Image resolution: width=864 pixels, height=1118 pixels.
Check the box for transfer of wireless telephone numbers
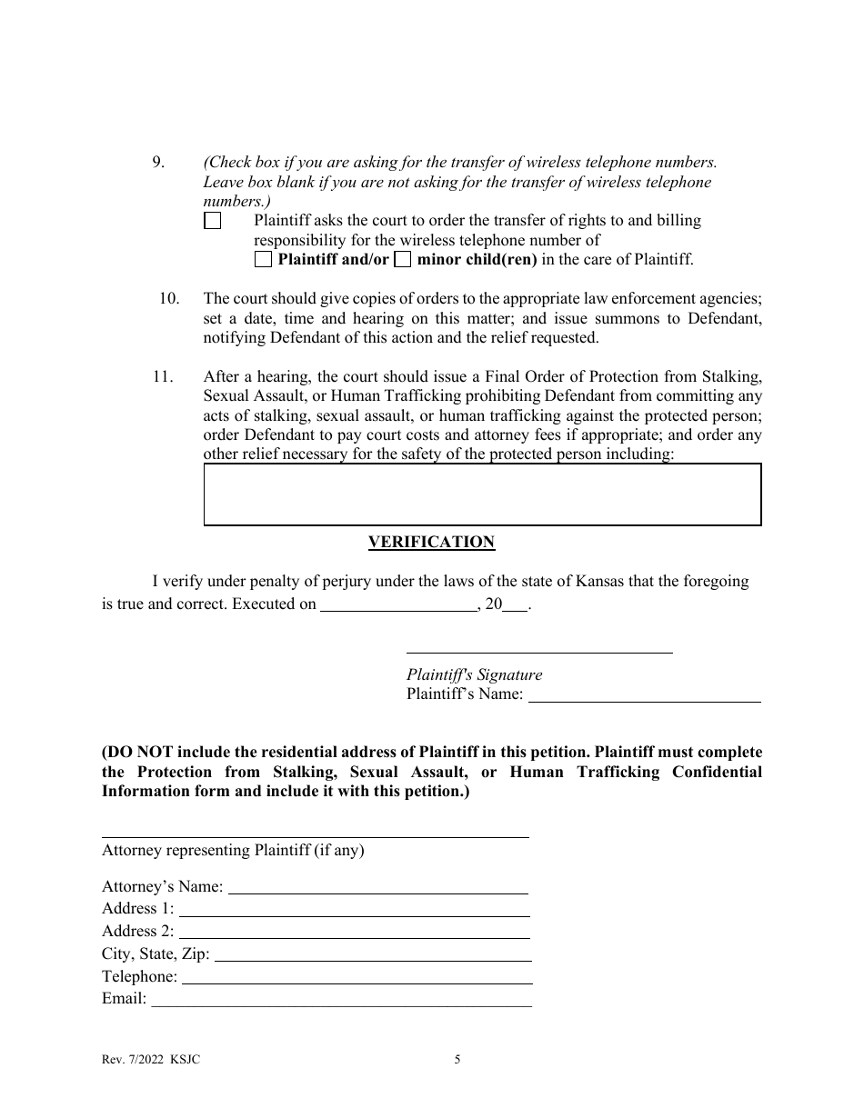pos(212,221)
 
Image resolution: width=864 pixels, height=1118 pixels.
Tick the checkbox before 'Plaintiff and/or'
pos(263,260)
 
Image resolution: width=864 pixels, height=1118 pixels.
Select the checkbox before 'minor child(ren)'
pos(402,260)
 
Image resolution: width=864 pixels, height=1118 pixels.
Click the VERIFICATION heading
pos(431,543)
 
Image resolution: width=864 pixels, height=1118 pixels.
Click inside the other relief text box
pos(482,494)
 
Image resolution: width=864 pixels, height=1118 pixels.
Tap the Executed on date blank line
pos(398,604)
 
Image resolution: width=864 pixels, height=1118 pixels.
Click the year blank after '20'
pos(514,604)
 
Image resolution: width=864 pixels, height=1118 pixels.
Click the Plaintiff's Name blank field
pos(644,694)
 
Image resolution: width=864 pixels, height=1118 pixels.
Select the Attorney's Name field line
pos(377,886)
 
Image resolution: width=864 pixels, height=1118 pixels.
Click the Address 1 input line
pos(354,908)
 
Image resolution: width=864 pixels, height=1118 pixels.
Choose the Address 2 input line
pos(354,931)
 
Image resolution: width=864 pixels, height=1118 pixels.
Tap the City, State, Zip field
pos(372,953)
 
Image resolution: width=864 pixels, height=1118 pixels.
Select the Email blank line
pos(341,999)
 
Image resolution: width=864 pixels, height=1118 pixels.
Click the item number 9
pos(158,163)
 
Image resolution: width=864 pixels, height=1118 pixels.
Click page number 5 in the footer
pos(457,1059)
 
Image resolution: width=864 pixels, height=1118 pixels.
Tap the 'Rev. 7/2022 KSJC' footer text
pos(151,1059)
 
